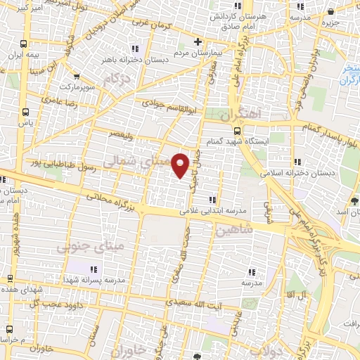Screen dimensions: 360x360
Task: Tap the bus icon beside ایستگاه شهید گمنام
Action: [237, 130]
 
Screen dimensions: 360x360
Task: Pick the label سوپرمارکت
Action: [75, 86]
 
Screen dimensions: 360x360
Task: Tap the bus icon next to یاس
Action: [26, 112]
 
